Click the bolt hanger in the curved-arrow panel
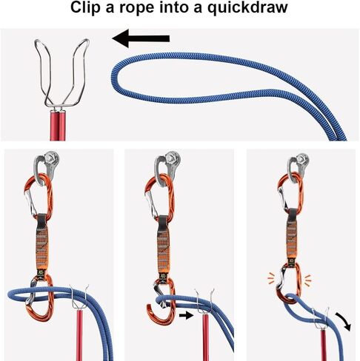tap(302, 159)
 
